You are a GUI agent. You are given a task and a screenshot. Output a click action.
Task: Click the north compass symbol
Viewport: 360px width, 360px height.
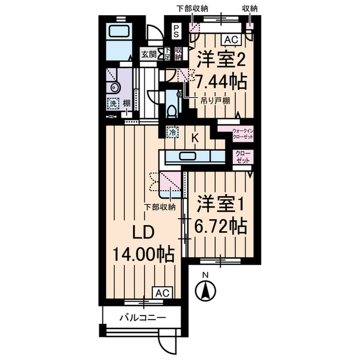pos(206,290)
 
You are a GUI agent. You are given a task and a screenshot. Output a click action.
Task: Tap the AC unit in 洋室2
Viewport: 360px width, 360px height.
pos(230,40)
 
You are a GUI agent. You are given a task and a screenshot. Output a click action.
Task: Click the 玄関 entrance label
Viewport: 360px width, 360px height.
pos(149,54)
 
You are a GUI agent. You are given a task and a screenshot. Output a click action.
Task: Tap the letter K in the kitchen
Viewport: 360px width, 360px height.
pos(196,138)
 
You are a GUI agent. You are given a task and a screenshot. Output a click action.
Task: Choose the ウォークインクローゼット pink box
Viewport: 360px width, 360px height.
pos(243,134)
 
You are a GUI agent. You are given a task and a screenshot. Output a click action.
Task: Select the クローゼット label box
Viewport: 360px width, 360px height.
pos(243,157)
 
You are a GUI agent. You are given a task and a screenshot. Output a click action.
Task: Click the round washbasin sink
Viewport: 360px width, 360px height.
pos(115,87)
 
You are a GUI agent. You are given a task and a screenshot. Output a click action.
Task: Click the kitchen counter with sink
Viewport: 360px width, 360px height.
pos(192,156)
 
